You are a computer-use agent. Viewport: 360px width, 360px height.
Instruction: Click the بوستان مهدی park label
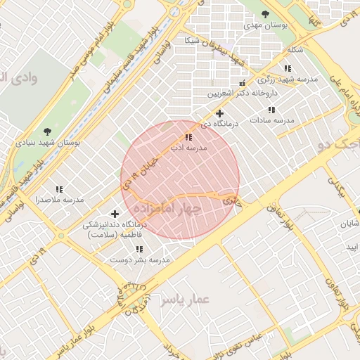click(x=266, y=25)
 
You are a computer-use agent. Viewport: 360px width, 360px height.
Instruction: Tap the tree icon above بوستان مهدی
click(x=265, y=13)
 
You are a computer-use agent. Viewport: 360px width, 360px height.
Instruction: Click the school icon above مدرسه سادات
click(x=271, y=110)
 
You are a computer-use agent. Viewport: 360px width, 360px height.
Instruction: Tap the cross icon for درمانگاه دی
click(x=219, y=113)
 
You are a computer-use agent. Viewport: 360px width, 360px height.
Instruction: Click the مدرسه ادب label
click(x=188, y=148)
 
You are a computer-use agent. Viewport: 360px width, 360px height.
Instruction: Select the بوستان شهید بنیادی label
click(x=49, y=142)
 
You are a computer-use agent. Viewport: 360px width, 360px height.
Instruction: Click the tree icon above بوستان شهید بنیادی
click(x=47, y=131)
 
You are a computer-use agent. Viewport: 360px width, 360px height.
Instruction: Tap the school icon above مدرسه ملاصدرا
click(x=60, y=189)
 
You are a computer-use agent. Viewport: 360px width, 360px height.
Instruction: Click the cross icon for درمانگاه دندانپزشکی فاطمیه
click(x=115, y=214)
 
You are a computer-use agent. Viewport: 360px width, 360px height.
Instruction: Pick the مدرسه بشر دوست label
click(x=140, y=260)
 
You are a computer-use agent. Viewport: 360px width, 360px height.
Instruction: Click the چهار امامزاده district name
click(x=166, y=209)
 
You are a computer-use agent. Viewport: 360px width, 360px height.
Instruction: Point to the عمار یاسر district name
click(x=184, y=300)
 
